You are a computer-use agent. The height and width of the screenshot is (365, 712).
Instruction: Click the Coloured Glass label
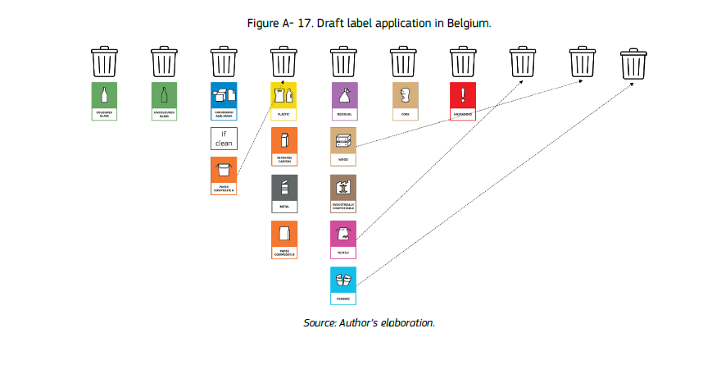tap(104, 101)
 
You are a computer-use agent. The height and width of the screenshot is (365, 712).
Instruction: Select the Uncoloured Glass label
tap(164, 101)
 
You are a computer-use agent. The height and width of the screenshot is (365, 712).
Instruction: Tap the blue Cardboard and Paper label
tap(224, 101)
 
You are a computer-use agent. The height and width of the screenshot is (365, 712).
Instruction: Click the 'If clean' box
tap(224, 139)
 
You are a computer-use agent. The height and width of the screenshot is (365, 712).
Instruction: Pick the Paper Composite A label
tap(224, 176)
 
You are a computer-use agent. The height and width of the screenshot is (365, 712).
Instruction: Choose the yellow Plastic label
tap(283, 101)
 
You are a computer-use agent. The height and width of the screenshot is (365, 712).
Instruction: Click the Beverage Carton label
tap(283, 147)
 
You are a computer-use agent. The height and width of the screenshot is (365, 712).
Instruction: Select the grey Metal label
tap(283, 194)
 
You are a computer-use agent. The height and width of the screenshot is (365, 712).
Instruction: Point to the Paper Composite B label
tap(283, 240)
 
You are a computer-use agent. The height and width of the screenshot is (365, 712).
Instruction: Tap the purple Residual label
tap(343, 101)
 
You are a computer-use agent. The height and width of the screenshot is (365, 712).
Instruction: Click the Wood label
tap(343, 147)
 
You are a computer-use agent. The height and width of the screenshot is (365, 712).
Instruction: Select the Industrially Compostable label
tap(343, 194)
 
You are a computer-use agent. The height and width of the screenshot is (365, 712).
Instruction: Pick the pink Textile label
tap(343, 240)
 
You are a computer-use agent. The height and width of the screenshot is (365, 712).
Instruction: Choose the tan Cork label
tap(403, 101)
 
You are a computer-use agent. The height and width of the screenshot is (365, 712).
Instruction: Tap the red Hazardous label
tap(463, 101)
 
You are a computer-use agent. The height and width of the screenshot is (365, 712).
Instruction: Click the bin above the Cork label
tap(403, 61)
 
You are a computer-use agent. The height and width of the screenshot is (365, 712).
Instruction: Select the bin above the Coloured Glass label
tap(104, 61)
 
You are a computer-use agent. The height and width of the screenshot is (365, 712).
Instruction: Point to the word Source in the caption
tap(319, 322)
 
